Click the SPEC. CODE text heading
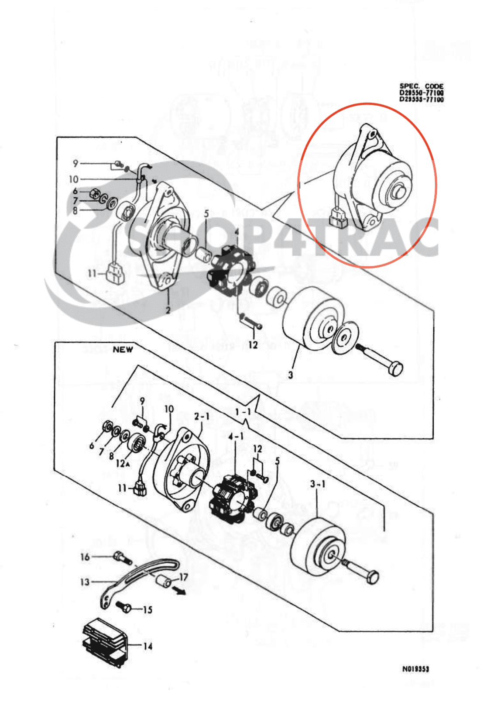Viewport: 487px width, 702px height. click(421, 86)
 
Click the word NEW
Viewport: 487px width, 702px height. click(123, 350)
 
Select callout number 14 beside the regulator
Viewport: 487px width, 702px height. click(148, 646)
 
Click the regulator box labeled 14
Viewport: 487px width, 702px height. click(105, 641)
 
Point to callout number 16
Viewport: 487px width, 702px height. click(85, 557)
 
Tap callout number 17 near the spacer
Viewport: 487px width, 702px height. click(183, 577)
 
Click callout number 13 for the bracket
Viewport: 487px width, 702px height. click(85, 582)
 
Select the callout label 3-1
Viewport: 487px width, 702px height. click(318, 484)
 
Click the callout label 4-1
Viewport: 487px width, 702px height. click(236, 436)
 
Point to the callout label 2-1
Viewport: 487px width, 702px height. click(202, 416)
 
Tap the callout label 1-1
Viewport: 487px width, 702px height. click(243, 412)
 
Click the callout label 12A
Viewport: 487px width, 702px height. click(122, 464)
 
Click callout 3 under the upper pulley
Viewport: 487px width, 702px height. click(290, 375)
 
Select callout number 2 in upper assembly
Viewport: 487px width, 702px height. click(168, 310)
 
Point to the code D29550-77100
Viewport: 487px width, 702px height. click(421, 93)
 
